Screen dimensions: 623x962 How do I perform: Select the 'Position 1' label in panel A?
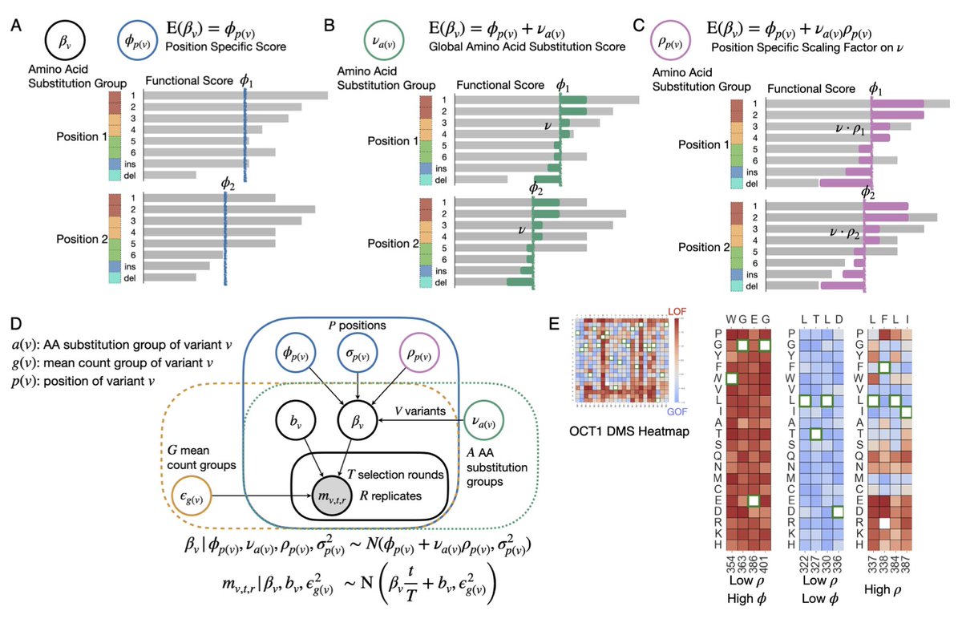tap(82, 138)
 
